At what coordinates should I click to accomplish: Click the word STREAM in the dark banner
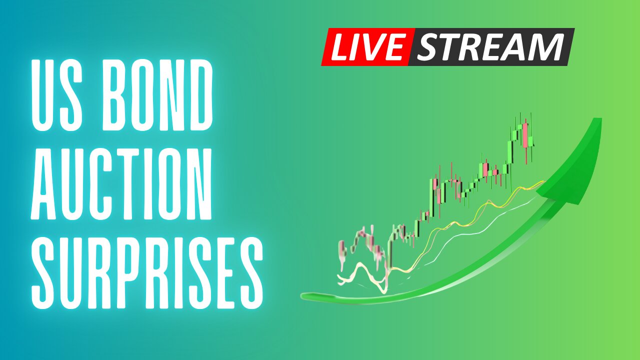[x=490, y=47]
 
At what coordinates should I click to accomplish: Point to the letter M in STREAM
[x=546, y=47]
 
